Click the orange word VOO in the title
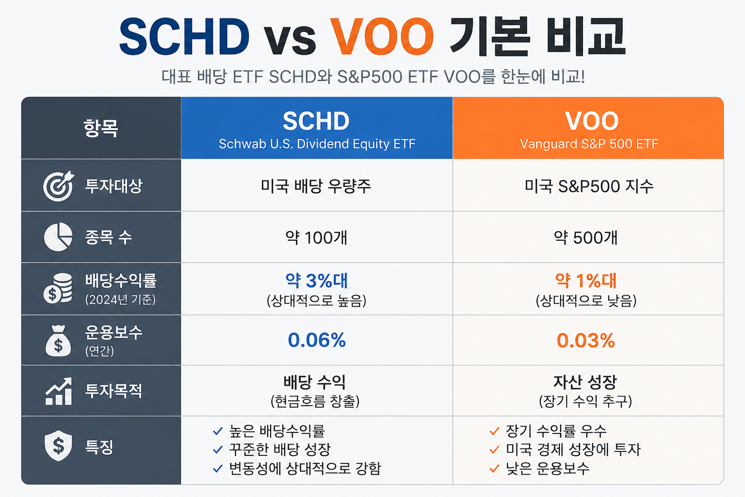(382, 36)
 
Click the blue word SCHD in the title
(184, 36)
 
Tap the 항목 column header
(100, 128)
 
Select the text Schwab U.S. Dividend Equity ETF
(317, 144)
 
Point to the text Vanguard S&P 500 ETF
(589, 144)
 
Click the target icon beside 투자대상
(59, 186)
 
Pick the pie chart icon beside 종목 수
(58, 237)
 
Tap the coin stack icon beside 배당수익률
(58, 288)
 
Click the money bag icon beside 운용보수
(58, 341)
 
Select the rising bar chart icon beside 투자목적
(59, 391)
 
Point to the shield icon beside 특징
(58, 446)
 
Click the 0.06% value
(317, 340)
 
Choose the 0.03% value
(586, 341)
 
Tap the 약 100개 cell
(316, 238)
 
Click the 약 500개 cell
(586, 238)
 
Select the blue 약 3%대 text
(317, 281)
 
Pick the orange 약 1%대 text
(586, 281)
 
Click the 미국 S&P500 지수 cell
(589, 186)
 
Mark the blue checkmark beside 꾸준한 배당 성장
(217, 450)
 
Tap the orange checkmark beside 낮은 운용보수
(495, 468)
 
